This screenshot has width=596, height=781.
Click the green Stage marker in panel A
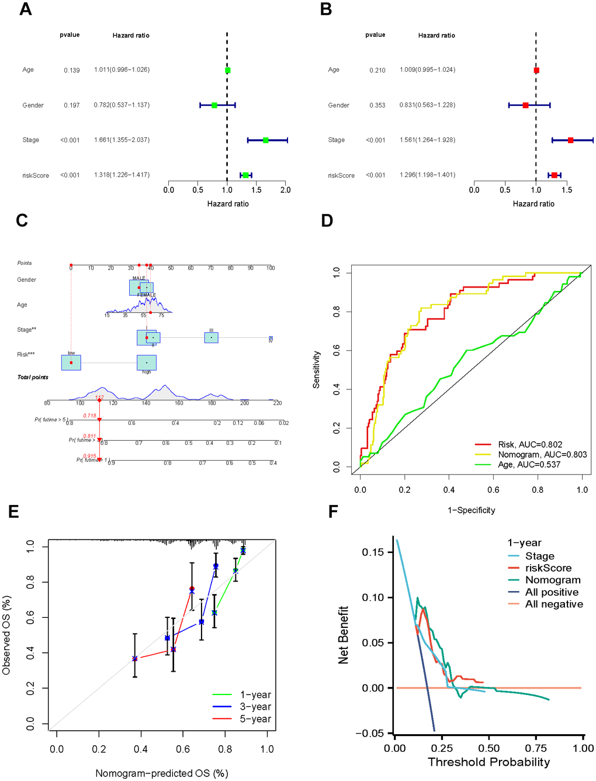point(266,140)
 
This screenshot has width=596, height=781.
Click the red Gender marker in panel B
point(525,105)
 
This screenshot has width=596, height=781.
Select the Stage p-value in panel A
point(70,140)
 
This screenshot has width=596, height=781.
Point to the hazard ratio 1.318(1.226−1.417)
point(122,175)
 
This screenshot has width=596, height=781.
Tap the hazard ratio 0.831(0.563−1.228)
point(427,105)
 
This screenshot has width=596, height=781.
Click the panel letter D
point(327,220)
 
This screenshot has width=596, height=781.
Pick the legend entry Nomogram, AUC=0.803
point(542,454)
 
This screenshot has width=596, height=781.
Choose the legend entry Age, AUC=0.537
point(529,464)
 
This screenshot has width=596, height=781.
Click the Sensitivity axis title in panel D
point(316,369)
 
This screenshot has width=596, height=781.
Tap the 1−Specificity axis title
point(471,510)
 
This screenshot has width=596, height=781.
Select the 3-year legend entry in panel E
point(255,707)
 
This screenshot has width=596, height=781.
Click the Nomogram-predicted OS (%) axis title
point(161,773)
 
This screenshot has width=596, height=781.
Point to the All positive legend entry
point(552,592)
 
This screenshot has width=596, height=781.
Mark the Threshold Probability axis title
point(488,762)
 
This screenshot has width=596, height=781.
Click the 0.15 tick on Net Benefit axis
point(373,552)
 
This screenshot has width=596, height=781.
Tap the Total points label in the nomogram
point(33,377)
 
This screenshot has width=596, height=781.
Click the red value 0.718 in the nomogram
point(89,416)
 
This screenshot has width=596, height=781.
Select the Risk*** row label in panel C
point(26,354)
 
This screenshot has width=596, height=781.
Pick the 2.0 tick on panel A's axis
point(285,190)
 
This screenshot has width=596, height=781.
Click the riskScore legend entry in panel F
point(548,568)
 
